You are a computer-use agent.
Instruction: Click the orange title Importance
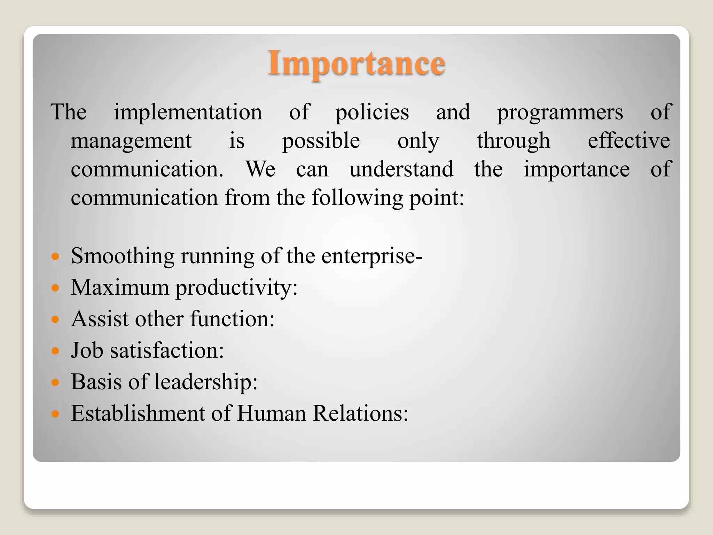(356, 63)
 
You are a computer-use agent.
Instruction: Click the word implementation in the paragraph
(188, 112)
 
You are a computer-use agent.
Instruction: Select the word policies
(372, 112)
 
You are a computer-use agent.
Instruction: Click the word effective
(629, 141)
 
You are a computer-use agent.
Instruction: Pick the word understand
(401, 169)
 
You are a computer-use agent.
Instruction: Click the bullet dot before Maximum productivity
(55, 288)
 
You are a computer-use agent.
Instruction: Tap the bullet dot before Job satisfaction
(55, 351)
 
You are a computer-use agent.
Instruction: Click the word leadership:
(206, 382)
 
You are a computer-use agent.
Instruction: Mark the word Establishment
(138, 413)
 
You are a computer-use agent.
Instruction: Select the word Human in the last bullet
(271, 413)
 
